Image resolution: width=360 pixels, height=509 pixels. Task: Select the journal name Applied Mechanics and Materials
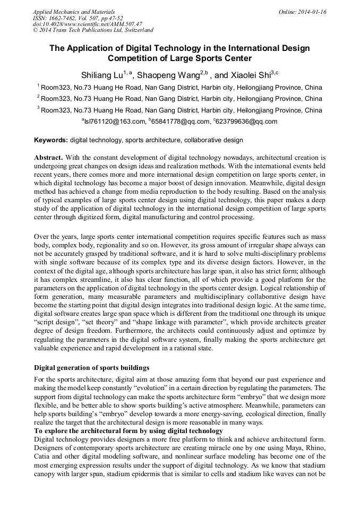(x=73, y=11)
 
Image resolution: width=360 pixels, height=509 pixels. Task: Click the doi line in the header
(x=87, y=24)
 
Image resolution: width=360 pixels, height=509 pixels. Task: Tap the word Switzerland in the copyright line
(x=137, y=30)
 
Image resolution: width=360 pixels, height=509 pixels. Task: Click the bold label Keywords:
(x=51, y=141)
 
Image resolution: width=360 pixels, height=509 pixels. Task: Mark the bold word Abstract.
(x=48, y=158)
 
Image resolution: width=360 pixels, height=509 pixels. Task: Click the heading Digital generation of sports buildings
(x=92, y=368)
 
